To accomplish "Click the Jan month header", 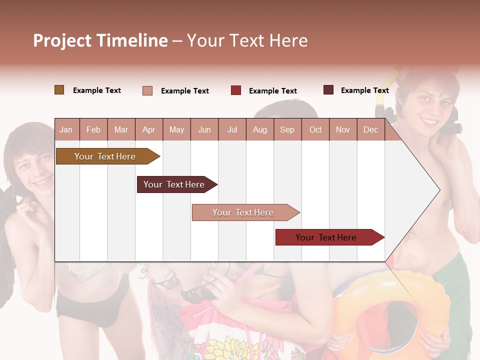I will tap(66, 130).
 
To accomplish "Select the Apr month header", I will tap(148, 130).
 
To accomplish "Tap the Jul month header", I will tap(232, 130).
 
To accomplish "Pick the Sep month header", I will tap(287, 130).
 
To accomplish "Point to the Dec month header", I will tap(370, 130).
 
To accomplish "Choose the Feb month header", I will tap(93, 130).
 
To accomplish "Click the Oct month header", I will tap(315, 130).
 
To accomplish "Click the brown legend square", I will tap(59, 90).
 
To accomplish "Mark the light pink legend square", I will tap(147, 90).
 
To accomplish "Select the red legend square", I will tap(236, 90).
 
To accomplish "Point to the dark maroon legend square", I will tap(328, 90).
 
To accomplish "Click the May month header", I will tap(176, 130).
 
